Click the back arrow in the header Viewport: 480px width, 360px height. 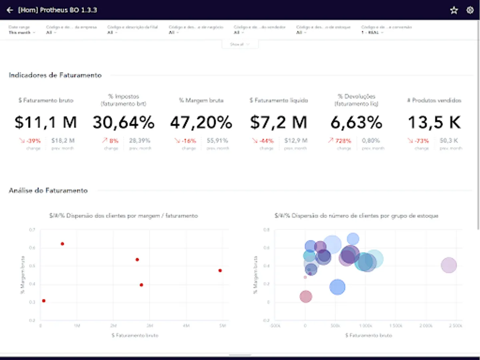pos(10,10)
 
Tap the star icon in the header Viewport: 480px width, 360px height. pos(454,10)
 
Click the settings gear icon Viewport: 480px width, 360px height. pos(470,10)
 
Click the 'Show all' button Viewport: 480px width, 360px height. pos(240,44)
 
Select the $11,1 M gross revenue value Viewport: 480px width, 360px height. pos(46,122)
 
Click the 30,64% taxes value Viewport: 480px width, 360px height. pos(124,122)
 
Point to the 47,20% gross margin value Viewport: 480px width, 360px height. pos(201,122)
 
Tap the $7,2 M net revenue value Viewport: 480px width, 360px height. pos(278,122)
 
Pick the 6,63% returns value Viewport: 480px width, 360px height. pos(356,122)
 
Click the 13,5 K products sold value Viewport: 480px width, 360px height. pos(434,122)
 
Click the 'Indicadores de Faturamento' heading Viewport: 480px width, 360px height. pos(55,75)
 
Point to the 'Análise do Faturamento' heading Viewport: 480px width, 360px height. pos(48,190)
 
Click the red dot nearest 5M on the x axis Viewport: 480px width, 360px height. pos(220,270)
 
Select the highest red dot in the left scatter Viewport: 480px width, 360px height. pos(62,244)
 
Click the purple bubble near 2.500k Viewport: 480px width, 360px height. pos(449,265)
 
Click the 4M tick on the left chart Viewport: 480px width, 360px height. pos(186,326)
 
